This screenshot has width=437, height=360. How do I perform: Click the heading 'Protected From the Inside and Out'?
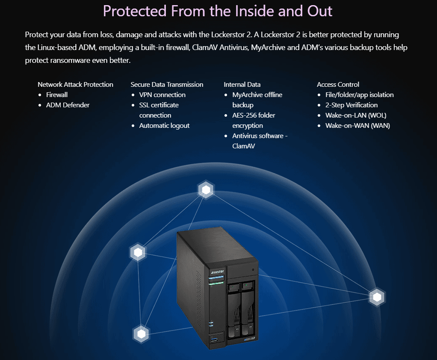[x=217, y=11]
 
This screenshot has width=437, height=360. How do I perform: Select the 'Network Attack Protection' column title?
[x=75, y=84]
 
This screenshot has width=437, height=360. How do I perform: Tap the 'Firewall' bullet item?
[x=57, y=95]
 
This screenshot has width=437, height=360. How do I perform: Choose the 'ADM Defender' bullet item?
[x=68, y=105]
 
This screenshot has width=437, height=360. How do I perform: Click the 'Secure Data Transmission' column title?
[x=167, y=84]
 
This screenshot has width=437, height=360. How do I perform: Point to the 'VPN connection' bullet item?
[x=162, y=95]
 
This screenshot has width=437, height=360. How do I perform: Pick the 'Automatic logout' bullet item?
[x=165, y=126]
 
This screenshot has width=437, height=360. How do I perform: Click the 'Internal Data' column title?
[x=242, y=84]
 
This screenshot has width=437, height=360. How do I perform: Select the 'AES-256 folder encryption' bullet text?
[x=254, y=121]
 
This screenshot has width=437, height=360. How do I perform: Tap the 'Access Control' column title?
[x=338, y=84]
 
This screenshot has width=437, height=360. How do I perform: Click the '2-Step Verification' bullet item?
[x=351, y=105]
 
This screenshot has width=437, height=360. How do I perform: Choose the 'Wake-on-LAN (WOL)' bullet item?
[x=356, y=115]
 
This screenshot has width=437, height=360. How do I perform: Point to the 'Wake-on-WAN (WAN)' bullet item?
[x=357, y=126]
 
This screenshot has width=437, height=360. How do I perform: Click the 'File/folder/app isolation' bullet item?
[x=360, y=95]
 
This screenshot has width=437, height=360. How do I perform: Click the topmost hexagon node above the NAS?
[x=206, y=190]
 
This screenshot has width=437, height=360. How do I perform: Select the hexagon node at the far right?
[x=377, y=297]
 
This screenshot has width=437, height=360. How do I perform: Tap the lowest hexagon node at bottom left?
[x=141, y=334]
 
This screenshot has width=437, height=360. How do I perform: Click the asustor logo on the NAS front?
[x=217, y=271]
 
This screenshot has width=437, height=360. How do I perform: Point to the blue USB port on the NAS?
[x=214, y=339]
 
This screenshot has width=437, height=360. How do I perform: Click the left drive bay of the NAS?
[x=233, y=309]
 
